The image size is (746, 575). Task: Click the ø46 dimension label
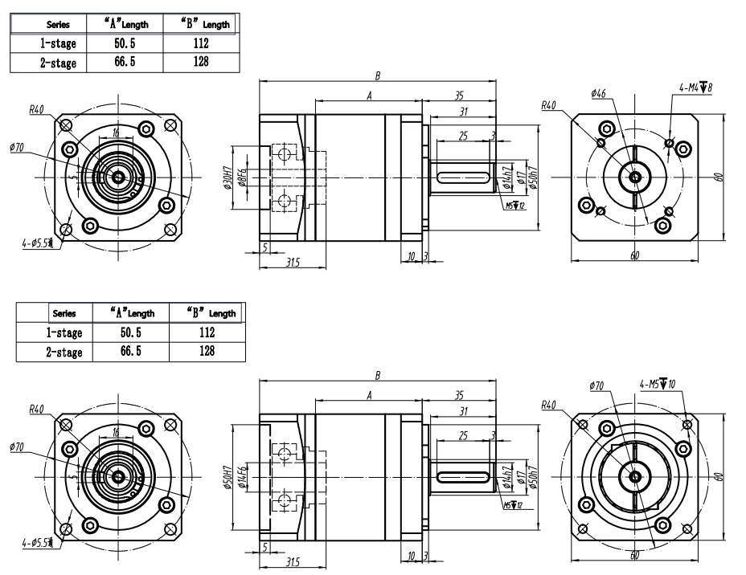point(598,94)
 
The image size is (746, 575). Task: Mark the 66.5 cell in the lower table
point(129,350)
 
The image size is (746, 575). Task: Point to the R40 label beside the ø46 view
point(548,105)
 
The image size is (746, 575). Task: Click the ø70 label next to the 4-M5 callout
point(596,386)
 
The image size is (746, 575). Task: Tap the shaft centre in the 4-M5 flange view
point(635,476)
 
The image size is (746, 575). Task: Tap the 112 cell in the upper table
point(200,45)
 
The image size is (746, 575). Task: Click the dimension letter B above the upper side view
point(377,75)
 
